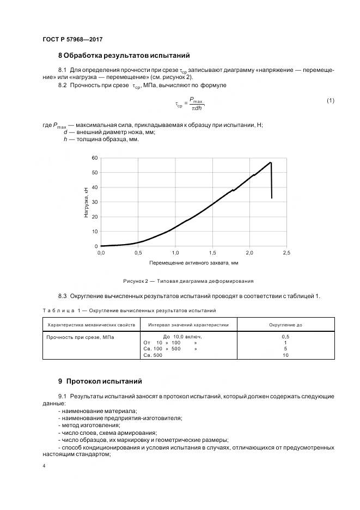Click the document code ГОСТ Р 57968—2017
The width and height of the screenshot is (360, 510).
click(72, 40)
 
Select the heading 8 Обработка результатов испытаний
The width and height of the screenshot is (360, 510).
click(124, 56)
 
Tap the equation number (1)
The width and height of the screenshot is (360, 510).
click(330, 100)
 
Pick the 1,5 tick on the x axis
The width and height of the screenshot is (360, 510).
click(212, 253)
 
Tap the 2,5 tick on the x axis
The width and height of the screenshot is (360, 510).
click(287, 253)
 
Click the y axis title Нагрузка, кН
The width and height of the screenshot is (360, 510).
click(86, 202)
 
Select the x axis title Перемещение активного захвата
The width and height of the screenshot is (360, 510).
click(193, 263)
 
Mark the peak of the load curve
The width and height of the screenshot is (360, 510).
click(271, 162)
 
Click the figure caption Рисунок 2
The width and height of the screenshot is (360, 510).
click(188, 281)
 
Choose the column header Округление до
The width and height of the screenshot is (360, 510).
click(285, 325)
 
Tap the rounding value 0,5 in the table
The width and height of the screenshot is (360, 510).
click(285, 337)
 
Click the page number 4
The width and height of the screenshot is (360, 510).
click(44, 466)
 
